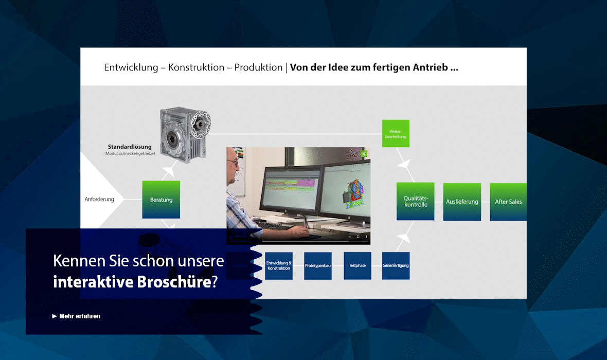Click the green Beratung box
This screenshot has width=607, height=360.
pyautogui.click(x=161, y=200)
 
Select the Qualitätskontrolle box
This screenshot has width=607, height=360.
pyautogui.click(x=415, y=201)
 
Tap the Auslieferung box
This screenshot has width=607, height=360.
pyautogui.click(x=462, y=202)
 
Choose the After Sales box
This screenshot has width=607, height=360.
pyautogui.click(x=508, y=202)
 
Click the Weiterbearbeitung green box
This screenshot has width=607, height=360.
pyautogui.click(x=396, y=133)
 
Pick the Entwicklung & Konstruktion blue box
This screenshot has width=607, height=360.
pyautogui.click(x=279, y=266)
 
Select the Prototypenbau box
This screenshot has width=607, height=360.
pyautogui.click(x=317, y=266)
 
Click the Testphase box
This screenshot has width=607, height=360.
pyautogui.click(x=357, y=266)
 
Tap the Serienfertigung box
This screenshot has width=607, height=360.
pyautogui.click(x=396, y=266)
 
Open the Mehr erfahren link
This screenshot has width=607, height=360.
pyautogui.click(x=79, y=316)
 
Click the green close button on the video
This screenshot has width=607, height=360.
pyautogui.click(x=364, y=153)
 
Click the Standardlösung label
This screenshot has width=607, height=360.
pyautogui.click(x=130, y=147)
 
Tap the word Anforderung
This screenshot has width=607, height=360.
pyautogui.click(x=99, y=199)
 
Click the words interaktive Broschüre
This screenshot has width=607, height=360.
pyautogui.click(x=132, y=282)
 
